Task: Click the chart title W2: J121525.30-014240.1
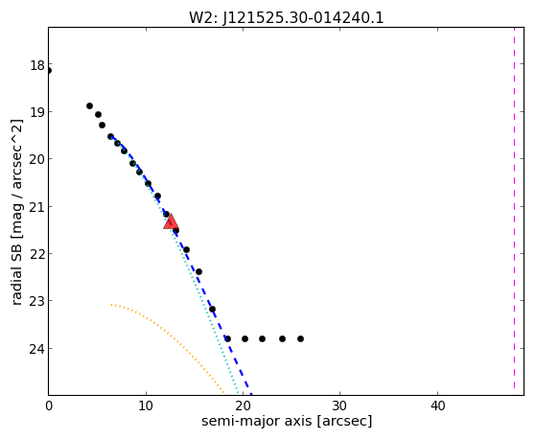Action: click(x=287, y=17)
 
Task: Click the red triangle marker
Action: click(x=171, y=221)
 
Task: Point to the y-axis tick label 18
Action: click(x=37, y=65)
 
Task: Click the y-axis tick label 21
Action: click(x=37, y=207)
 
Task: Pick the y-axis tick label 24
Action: click(x=37, y=349)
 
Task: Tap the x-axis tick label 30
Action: click(x=339, y=405)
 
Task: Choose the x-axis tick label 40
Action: click(x=437, y=405)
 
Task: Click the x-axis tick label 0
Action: click(x=49, y=405)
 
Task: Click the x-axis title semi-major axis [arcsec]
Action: click(x=287, y=421)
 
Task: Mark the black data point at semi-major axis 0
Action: click(x=49, y=71)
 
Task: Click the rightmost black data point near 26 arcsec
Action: click(x=300, y=338)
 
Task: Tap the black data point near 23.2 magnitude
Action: click(x=212, y=309)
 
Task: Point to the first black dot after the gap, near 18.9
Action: click(x=89, y=106)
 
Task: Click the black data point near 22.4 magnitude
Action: click(x=198, y=272)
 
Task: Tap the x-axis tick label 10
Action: click(x=146, y=405)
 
